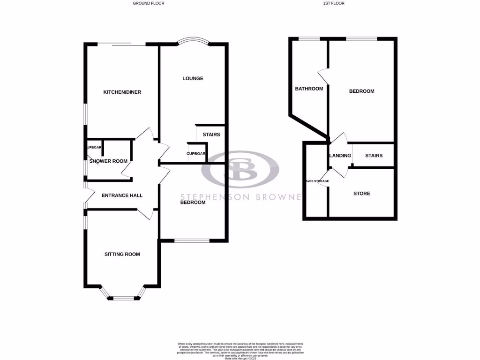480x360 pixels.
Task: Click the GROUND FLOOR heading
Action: pyautogui.click(x=149, y=3)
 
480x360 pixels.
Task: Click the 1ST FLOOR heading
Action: pyautogui.click(x=334, y=3)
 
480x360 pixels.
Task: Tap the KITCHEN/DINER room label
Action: pyautogui.click(x=122, y=92)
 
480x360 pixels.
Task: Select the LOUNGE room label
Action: pyautogui.click(x=193, y=79)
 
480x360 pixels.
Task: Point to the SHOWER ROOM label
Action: pyautogui.click(x=108, y=161)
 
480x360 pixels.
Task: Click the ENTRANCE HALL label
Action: pyautogui.click(x=122, y=195)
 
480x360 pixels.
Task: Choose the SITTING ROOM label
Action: pyautogui.click(x=122, y=255)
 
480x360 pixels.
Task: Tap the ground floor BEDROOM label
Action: pyautogui.click(x=193, y=202)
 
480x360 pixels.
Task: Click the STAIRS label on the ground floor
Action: pyautogui.click(x=211, y=135)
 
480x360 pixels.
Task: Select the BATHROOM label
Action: pyautogui.click(x=309, y=89)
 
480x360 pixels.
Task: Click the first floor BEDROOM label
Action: pyautogui.click(x=362, y=91)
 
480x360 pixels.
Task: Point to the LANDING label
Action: pyautogui.click(x=340, y=156)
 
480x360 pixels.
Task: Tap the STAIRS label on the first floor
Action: pyautogui.click(x=374, y=156)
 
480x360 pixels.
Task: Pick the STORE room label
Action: pyautogui.click(x=362, y=194)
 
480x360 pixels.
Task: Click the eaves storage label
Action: pyautogui.click(x=317, y=181)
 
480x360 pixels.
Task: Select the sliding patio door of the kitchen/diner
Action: pyautogui.click(x=122, y=45)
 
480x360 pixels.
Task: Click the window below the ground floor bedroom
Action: pyautogui.click(x=192, y=241)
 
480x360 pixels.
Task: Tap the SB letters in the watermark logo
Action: pyautogui.click(x=240, y=170)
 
